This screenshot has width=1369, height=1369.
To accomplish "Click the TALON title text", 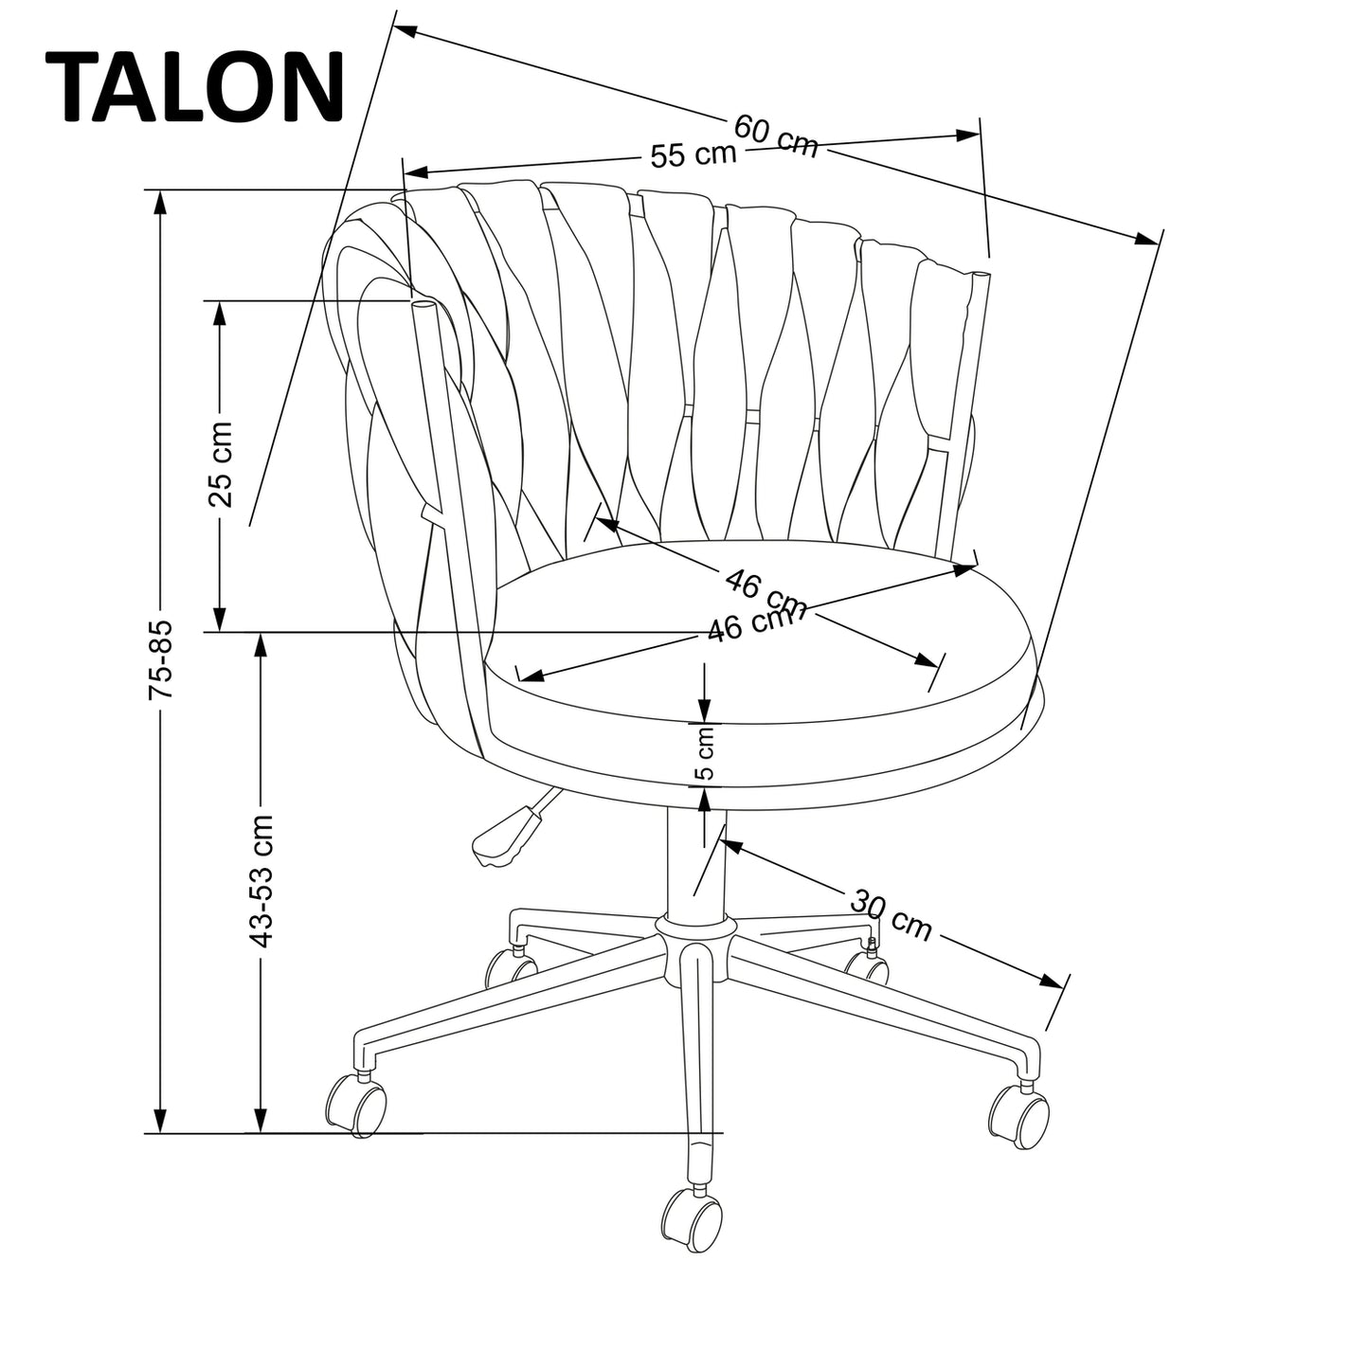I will click(x=194, y=87).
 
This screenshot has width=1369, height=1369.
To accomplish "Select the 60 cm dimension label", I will click(x=776, y=136).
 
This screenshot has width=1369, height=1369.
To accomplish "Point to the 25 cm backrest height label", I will click(x=220, y=464).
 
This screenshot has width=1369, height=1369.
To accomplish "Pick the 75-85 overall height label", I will click(x=161, y=660).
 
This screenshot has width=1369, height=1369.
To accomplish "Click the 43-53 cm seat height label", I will click(x=261, y=881).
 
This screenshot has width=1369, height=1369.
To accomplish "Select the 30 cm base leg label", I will click(x=891, y=915).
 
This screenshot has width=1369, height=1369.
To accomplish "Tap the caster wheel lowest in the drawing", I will click(x=693, y=1219).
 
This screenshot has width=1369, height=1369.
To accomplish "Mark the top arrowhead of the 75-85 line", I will click(x=161, y=202).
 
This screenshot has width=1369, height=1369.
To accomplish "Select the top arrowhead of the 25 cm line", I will click(x=220, y=313).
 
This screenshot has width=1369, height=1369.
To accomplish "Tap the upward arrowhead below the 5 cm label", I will click(x=705, y=801).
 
